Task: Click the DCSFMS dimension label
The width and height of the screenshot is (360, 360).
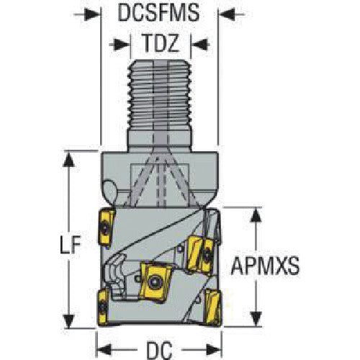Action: tap(158, 13)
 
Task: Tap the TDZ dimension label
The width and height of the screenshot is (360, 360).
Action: tap(161, 43)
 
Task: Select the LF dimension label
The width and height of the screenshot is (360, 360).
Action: tap(71, 245)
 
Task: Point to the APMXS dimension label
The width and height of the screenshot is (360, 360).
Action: tap(265, 266)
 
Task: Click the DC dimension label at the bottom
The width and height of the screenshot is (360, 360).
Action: tap(159, 350)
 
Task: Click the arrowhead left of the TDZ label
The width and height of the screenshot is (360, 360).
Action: tap(122, 45)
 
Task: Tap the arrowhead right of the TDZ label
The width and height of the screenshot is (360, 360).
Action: tap(199, 45)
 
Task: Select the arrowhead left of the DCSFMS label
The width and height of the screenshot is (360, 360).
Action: tap(92, 14)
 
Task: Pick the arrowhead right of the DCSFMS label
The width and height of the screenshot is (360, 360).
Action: tap(227, 14)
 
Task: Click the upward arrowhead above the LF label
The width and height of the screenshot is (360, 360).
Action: tap(68, 160)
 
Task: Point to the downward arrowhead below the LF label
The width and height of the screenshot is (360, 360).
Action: tap(68, 320)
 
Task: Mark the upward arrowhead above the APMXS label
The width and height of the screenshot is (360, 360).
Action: tap(256, 215)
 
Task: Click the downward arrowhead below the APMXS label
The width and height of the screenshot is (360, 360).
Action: tap(256, 318)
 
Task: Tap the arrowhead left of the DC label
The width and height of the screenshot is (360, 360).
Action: tap(105, 349)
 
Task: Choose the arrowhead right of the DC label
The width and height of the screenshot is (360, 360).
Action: tap(213, 349)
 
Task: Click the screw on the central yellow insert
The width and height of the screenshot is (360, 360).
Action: tap(154, 282)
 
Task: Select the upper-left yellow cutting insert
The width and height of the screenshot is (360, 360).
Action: tap(106, 228)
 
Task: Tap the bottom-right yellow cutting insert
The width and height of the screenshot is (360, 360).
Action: tap(213, 307)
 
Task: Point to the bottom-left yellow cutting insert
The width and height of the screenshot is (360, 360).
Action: tap(103, 307)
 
